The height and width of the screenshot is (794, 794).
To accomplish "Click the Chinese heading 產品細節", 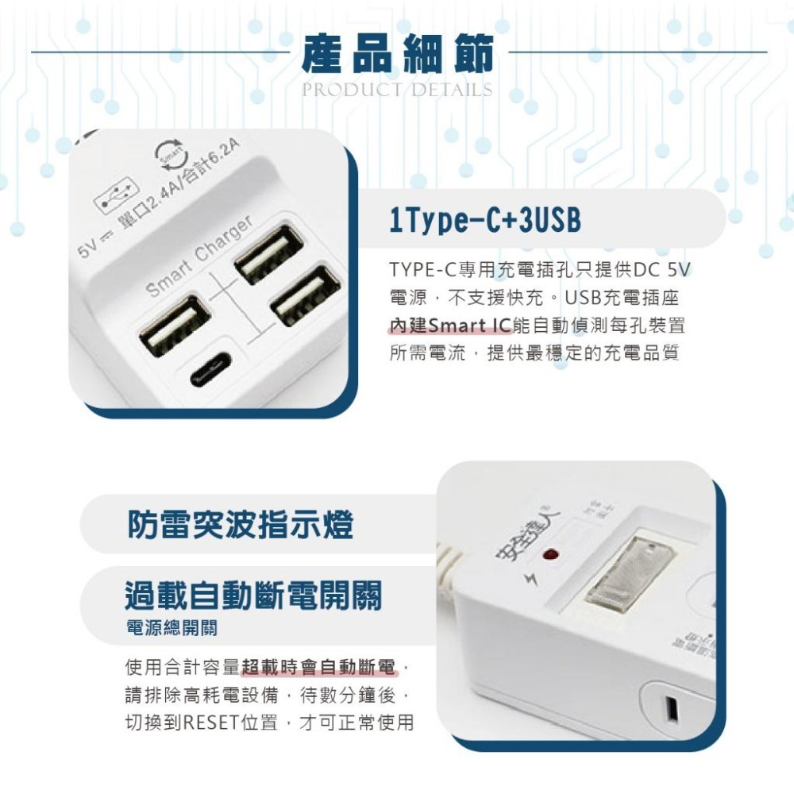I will pos(397,54).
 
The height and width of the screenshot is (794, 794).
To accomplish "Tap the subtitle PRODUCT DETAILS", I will pos(397,90).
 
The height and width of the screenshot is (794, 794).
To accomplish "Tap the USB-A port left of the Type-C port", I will pos(175,326).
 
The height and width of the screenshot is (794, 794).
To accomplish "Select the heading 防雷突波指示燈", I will pos(241,525).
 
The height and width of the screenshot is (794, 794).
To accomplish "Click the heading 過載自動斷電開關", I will pos(253,595).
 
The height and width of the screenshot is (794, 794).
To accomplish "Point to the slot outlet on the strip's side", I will pos(672,710).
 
